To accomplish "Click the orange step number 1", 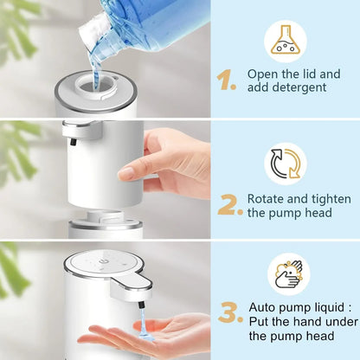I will click(x=226, y=80).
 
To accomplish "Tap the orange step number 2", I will click(x=228, y=204).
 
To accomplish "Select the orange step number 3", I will click(x=228, y=313).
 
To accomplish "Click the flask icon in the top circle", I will click(x=286, y=40).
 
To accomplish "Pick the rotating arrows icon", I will click(x=286, y=164).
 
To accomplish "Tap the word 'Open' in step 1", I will click(x=263, y=74).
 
